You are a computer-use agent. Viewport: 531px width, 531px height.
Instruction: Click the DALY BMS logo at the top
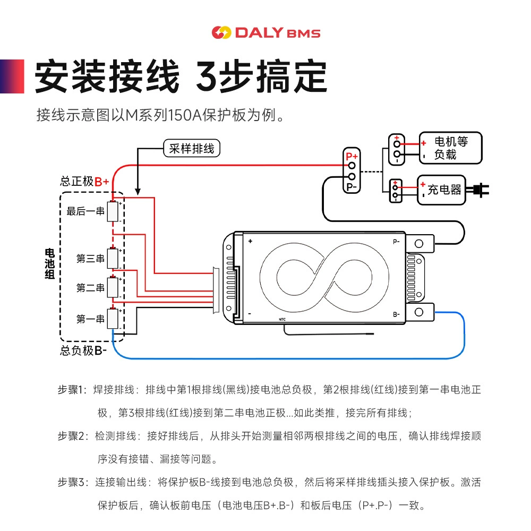[x=266, y=32]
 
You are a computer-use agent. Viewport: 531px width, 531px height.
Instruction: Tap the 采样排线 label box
[x=192, y=148]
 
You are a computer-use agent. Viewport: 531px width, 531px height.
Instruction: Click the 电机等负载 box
[x=450, y=148]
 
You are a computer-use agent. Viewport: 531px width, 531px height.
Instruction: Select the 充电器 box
[x=442, y=190]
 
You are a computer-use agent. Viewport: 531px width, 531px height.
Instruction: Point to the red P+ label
[x=352, y=157]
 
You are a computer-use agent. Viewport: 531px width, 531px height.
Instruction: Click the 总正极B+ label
[x=84, y=182]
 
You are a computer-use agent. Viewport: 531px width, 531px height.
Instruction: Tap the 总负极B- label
[x=83, y=350]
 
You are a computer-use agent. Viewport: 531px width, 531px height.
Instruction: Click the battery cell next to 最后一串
[x=113, y=211]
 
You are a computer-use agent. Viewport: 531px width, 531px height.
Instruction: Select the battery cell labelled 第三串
[x=113, y=258]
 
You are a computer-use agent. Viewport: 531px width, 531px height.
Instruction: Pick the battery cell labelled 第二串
[x=113, y=287]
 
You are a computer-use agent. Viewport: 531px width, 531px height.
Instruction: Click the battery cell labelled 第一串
[x=113, y=318]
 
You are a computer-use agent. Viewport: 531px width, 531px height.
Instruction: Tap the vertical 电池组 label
[x=49, y=264]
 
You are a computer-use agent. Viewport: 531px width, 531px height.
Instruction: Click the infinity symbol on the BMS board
[x=324, y=278]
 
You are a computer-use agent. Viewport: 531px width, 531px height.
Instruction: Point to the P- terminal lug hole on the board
[x=419, y=244]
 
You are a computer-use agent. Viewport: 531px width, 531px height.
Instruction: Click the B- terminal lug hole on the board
[x=419, y=312]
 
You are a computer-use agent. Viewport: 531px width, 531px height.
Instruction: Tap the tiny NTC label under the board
[x=282, y=319]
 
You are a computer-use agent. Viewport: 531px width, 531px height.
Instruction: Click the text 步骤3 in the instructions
[x=71, y=482]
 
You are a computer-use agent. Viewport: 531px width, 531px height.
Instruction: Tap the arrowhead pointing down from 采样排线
[x=138, y=191]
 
